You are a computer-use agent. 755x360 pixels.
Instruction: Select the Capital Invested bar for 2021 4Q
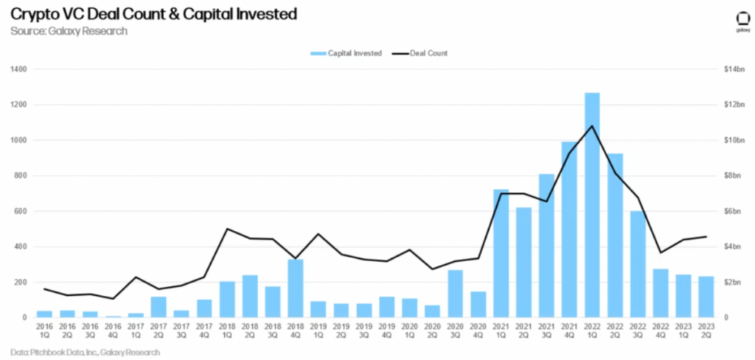569,229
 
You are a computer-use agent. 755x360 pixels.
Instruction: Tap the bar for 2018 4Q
295,288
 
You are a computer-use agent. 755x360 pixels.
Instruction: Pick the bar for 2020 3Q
456,294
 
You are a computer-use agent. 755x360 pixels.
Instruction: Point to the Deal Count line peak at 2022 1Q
592,126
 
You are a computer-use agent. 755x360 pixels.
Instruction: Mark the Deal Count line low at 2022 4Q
661,252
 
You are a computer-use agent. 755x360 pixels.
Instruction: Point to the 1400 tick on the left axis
18,69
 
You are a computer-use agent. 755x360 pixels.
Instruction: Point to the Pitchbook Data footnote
86,353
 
